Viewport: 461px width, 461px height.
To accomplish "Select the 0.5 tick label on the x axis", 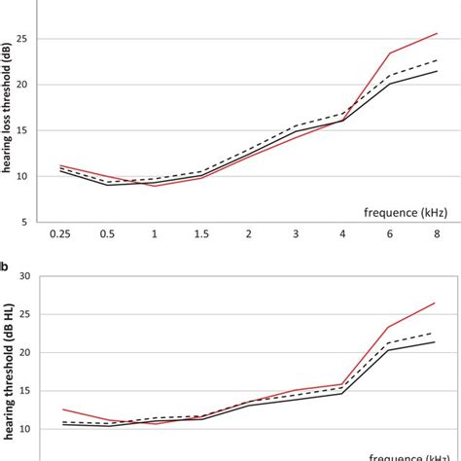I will coord(107,233).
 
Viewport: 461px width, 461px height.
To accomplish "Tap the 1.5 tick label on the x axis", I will coord(201,233).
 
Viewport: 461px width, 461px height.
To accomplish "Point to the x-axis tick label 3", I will coord(296,233).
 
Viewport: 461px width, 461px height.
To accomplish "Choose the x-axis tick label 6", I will coord(390,233).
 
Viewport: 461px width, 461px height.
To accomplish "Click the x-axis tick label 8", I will coord(437,233).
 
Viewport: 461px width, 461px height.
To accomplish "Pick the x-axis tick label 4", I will coord(342,233).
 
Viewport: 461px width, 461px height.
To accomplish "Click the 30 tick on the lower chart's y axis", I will coord(22,276).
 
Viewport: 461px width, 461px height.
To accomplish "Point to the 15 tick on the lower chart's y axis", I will coord(22,391).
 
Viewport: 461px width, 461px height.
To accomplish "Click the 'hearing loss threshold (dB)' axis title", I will coord(7,109).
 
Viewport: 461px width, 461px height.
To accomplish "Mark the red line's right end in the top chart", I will coord(437,33).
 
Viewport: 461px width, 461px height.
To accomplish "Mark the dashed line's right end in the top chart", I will coord(437,60).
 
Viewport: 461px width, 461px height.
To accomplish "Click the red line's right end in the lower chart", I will coord(435,302).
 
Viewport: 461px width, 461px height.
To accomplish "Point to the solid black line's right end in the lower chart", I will coord(435,341).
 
